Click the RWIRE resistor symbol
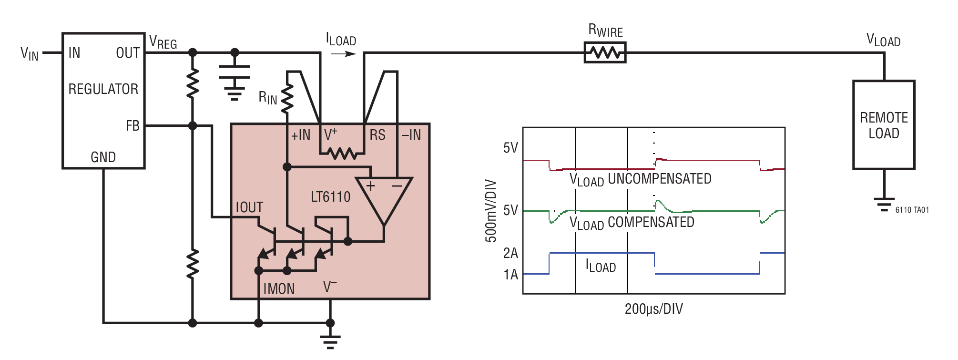pos(605,52)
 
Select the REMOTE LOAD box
pos(883,125)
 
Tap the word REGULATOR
pos(103,89)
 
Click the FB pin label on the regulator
pos(132,126)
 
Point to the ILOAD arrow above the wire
pos(343,54)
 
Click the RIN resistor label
pos(267,98)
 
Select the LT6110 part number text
pos(330,197)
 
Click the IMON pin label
pos(279,289)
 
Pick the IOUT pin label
pos(249,207)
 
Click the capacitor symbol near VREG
pos(234,72)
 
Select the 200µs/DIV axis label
pos(653,309)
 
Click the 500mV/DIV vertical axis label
pos(491,211)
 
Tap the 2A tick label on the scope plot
pos(510,253)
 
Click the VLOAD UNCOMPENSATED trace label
pos(640,180)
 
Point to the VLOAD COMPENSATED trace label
pos(632,223)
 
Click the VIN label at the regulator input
pos(29,53)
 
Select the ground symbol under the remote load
pos(884,204)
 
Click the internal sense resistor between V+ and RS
pos(342,154)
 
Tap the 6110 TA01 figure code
pos(912,210)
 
